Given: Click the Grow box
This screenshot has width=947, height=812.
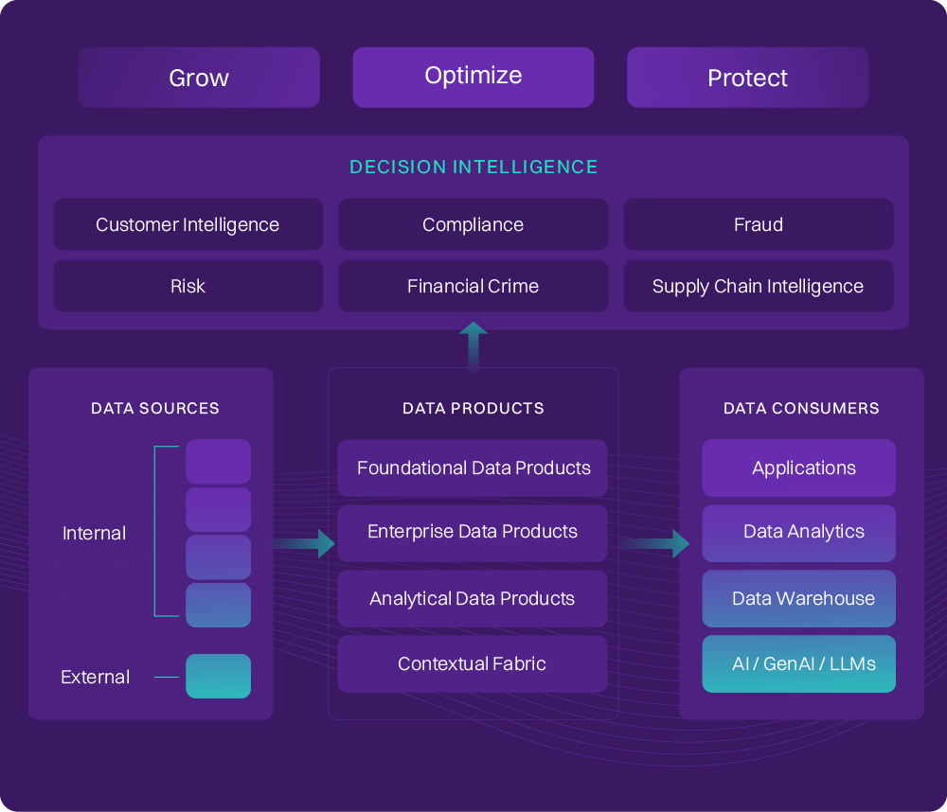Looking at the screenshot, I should coord(199,78).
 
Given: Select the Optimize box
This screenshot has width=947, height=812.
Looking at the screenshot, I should coord(473,77).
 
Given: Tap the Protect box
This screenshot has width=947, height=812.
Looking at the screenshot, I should coord(747,78).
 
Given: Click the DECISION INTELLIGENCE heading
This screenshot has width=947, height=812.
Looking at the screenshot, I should coord(473,168).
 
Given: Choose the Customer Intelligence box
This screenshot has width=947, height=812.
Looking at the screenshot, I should coord(188,225).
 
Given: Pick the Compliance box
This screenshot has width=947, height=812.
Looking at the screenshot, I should coord(473,225).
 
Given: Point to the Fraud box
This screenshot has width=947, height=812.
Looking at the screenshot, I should coord(758,225).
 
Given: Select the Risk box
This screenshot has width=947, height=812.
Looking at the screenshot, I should coord(188,287).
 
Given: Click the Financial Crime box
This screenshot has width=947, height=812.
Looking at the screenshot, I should coord(473,287).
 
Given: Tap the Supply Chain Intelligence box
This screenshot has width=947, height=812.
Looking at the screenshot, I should coord(758,287).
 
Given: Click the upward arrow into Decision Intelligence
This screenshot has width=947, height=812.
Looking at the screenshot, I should coord(473,346).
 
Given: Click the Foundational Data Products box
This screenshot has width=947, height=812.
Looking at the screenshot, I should coord(473,468).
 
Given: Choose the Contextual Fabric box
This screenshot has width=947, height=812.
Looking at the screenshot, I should coord(473,664).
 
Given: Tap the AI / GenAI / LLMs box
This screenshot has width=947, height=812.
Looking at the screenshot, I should coord(798,664).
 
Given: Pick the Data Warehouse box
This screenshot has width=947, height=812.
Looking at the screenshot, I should coord(798,599).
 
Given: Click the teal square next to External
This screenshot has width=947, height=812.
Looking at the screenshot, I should coord(218,677).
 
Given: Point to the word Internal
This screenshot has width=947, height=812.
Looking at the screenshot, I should coord(94,534).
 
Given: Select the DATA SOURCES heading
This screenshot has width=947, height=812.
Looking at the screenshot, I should coord(155,409).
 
